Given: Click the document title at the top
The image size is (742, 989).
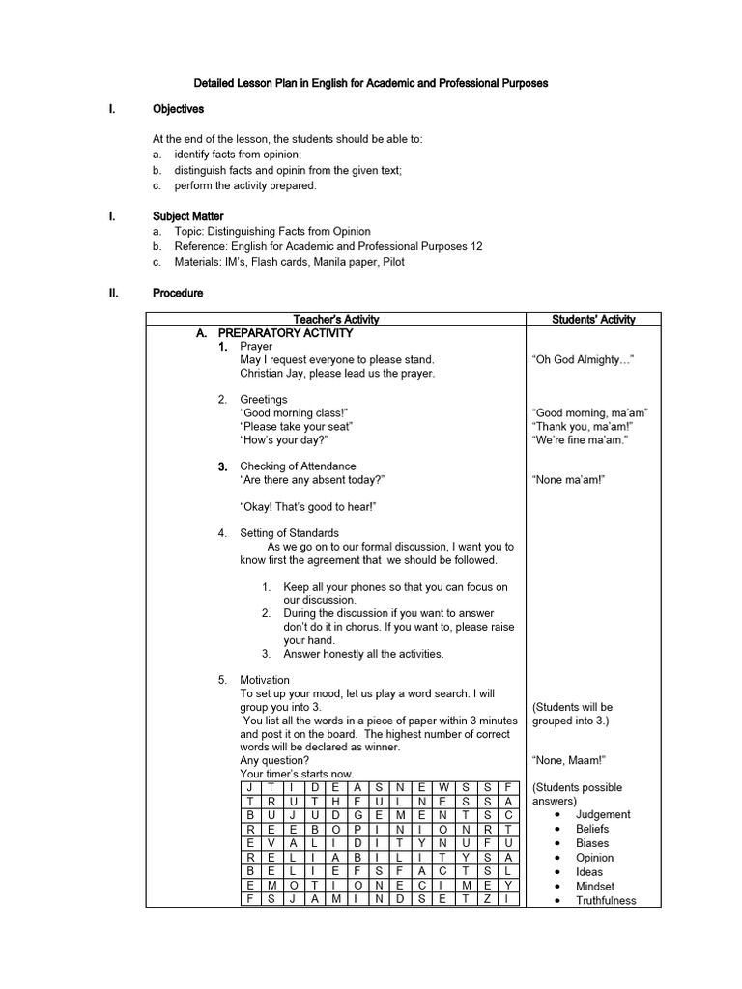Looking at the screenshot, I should [x=371, y=83].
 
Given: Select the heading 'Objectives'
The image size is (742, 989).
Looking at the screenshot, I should [x=178, y=110].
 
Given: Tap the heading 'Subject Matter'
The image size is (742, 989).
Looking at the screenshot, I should [x=187, y=216].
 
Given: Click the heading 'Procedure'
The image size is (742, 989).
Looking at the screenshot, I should [x=178, y=292].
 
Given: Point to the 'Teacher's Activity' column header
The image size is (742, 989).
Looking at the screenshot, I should [x=335, y=320].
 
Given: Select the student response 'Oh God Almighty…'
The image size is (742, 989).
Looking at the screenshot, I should [x=583, y=360].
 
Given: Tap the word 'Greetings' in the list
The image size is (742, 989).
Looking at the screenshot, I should [x=264, y=400].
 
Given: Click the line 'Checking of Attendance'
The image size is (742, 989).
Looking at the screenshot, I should [x=298, y=466].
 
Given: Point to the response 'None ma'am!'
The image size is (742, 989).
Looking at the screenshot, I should [x=568, y=480].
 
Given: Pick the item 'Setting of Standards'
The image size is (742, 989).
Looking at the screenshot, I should [x=289, y=533].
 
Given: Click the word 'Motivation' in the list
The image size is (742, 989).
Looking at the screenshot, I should [x=265, y=680].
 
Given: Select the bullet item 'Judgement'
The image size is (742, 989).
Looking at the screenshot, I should [x=603, y=814].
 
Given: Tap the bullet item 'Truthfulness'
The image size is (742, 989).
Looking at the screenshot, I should [x=606, y=901].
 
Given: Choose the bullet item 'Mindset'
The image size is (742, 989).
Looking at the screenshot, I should [x=595, y=887].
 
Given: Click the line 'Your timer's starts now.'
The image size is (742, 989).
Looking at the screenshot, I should [x=297, y=774].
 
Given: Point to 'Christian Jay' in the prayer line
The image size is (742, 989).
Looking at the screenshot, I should [x=272, y=374].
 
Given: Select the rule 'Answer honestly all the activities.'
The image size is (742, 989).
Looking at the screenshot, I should [x=363, y=654].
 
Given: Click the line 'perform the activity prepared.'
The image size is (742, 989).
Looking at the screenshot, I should [x=245, y=185].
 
